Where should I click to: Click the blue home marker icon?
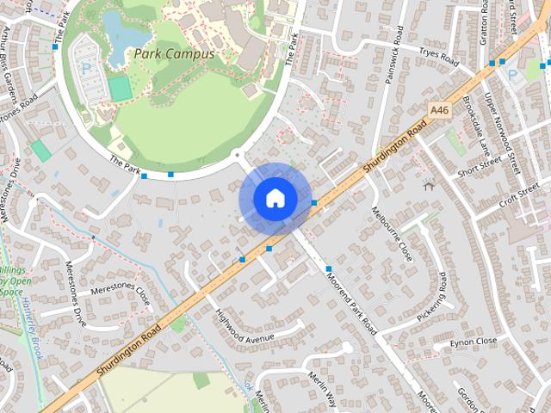[x=275, y=199]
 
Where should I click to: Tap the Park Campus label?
[x=174, y=53]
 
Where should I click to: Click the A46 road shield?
[x=439, y=110]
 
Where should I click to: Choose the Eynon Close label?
[x=474, y=342]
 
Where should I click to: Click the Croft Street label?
[x=519, y=194]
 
